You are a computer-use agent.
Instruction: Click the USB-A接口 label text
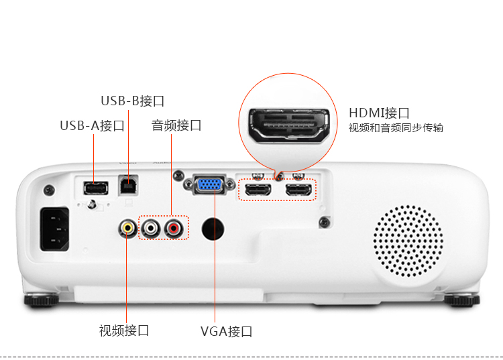point(92,126)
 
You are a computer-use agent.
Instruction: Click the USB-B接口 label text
point(132,101)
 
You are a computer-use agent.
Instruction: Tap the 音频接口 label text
point(176,125)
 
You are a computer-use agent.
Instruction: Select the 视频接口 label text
point(124,331)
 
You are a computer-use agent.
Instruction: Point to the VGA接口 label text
point(226,332)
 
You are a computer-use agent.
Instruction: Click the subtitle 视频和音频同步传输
point(396,128)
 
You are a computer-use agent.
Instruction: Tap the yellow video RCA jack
point(127,228)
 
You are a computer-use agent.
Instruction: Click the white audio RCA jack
point(152,228)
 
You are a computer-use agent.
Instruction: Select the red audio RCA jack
point(176,228)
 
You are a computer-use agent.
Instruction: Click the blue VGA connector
point(210,184)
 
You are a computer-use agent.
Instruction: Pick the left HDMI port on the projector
point(257,190)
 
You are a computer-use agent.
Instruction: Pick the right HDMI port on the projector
point(298,190)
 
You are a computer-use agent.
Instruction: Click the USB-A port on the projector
point(95,187)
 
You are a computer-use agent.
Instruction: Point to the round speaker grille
point(408,240)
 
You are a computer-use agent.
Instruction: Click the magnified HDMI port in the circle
point(289,125)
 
